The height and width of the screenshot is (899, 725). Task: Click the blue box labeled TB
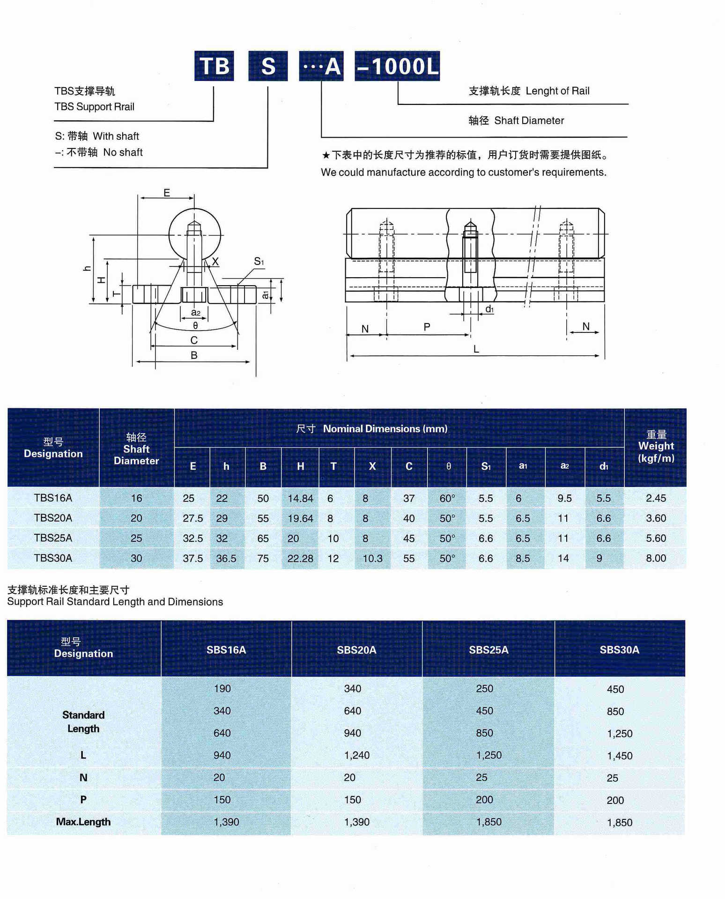pyautogui.click(x=214, y=66)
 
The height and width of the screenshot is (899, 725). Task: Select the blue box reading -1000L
pyautogui.click(x=397, y=66)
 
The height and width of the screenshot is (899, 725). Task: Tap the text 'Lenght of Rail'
pyautogui.click(x=557, y=91)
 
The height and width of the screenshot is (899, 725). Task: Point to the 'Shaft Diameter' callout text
pyautogui.click(x=529, y=120)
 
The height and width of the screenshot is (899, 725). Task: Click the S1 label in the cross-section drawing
pyautogui.click(x=259, y=261)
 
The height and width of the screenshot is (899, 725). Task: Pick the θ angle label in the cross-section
pyautogui.click(x=195, y=325)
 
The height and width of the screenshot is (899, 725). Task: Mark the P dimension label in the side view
pyautogui.click(x=427, y=326)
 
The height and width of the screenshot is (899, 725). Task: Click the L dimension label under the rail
pyautogui.click(x=476, y=349)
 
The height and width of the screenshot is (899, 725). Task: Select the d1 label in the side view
pyautogui.click(x=489, y=309)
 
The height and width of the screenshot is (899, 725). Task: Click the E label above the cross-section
pyautogui.click(x=167, y=192)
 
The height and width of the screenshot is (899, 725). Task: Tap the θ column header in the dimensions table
pyautogui.click(x=448, y=466)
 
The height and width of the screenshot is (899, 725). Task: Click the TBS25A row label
pyautogui.click(x=53, y=538)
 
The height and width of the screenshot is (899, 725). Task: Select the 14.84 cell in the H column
pyautogui.click(x=300, y=499)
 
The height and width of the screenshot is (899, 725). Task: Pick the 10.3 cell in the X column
pyautogui.click(x=372, y=559)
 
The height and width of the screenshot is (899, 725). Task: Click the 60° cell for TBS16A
pyautogui.click(x=447, y=499)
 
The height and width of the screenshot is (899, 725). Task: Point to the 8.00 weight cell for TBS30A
pyautogui.click(x=656, y=558)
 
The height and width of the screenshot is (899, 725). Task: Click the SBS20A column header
pyautogui.click(x=356, y=650)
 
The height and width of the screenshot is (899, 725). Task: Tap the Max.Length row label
pyautogui.click(x=83, y=822)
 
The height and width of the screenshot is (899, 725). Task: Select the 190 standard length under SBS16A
pyautogui.click(x=222, y=689)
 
